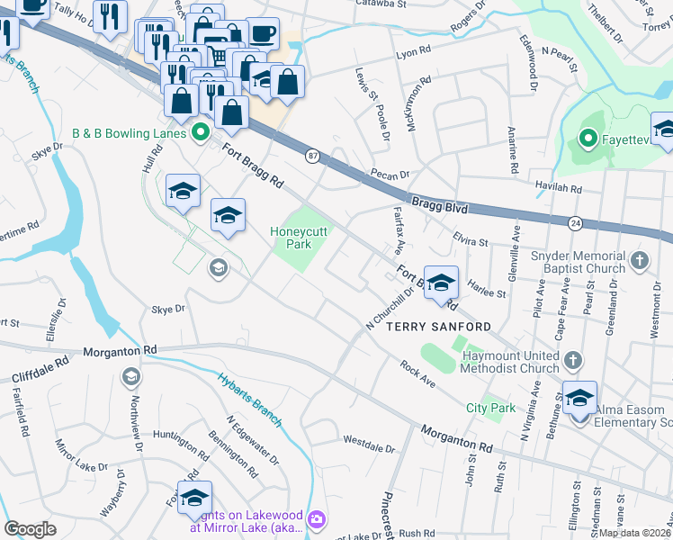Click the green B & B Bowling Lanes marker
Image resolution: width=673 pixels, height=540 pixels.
pos(200,133)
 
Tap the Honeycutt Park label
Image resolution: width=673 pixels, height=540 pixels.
pos(298,238)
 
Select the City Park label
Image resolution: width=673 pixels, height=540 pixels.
pos(490,408)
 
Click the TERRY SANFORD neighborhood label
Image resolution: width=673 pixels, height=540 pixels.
pos(439,327)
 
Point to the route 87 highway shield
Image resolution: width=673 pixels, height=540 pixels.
pos(312,156)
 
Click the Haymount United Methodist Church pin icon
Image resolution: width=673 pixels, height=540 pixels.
pos(572,362)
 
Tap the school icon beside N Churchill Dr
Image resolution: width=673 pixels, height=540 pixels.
pos(440,283)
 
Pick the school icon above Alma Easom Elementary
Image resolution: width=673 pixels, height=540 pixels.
pos(579,397)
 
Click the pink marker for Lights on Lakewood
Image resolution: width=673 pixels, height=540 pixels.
pos(316,519)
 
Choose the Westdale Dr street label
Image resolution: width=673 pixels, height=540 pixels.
pos(369,444)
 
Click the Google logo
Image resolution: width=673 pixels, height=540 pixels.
pos(30,529)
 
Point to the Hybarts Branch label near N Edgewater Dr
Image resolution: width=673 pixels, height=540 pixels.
pos(250,399)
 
